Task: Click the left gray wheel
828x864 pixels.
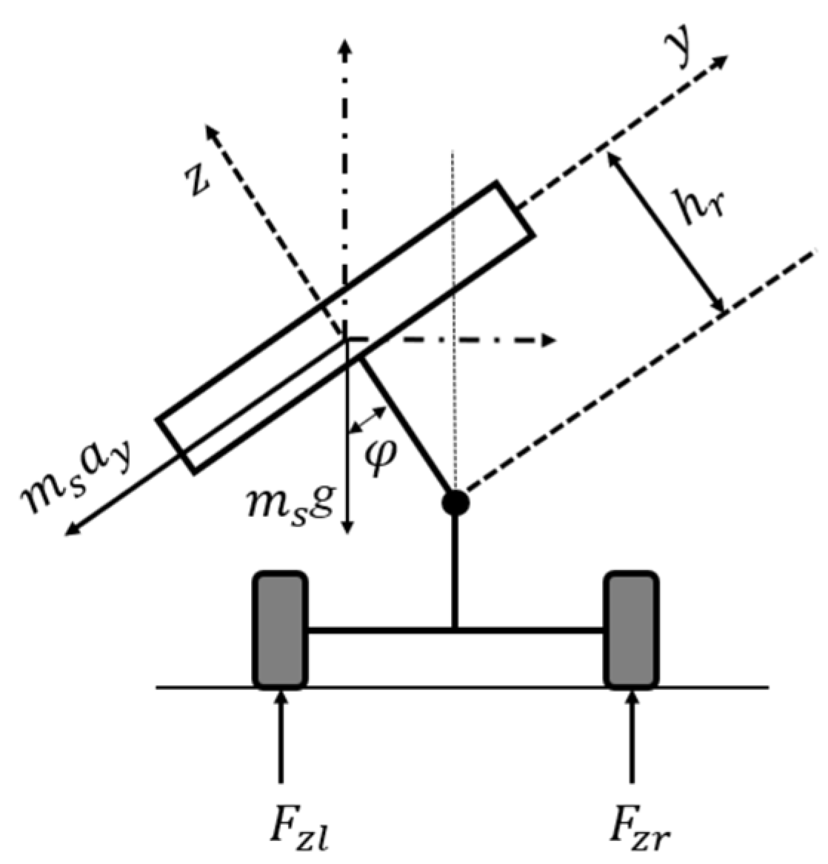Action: tap(280, 630)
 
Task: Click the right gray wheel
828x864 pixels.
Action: tap(631, 630)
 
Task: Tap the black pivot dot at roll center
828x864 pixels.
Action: tap(455, 503)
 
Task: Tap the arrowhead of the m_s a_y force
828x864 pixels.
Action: tap(71, 529)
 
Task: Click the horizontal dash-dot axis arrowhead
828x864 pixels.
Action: tap(549, 340)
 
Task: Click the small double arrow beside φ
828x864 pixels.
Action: tap(368, 419)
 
